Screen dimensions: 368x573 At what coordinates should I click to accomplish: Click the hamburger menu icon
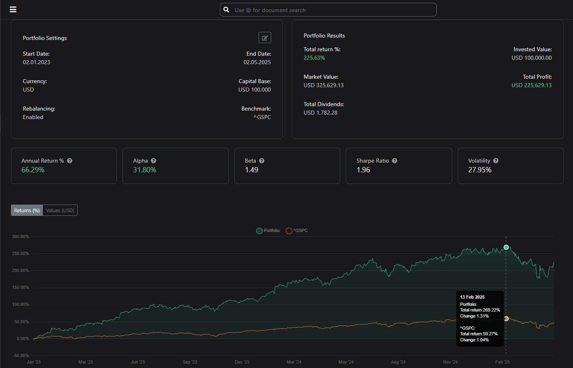coord(13,10)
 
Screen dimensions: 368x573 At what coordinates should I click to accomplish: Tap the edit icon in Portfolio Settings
coord(265,38)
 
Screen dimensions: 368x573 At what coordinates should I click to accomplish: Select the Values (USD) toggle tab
coord(60,211)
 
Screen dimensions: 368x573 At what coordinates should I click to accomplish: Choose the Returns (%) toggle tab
coord(27,211)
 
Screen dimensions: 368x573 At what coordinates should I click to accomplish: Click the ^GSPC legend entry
coord(297,231)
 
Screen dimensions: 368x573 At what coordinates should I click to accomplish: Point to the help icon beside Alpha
coord(154,161)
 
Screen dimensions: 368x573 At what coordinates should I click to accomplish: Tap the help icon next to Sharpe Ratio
coord(395,161)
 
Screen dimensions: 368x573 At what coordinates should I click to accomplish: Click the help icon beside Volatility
coord(496,161)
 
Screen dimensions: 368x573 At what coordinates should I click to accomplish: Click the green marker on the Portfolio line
coord(506,247)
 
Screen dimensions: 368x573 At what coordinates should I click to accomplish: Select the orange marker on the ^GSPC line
coord(506,319)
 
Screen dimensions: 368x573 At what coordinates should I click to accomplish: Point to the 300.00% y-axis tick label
coord(21,236)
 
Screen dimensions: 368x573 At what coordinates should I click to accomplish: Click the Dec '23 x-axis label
coord(242,362)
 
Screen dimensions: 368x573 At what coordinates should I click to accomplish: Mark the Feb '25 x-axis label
coord(502,362)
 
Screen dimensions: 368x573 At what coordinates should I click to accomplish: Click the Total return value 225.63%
coord(314,58)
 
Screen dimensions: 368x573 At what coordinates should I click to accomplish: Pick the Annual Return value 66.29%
coord(33,170)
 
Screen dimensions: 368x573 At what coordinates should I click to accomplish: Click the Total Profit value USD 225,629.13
coord(531,85)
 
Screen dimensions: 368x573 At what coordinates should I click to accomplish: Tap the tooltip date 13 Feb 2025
coord(472,297)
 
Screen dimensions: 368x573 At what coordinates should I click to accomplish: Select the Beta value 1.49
coord(251,170)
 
